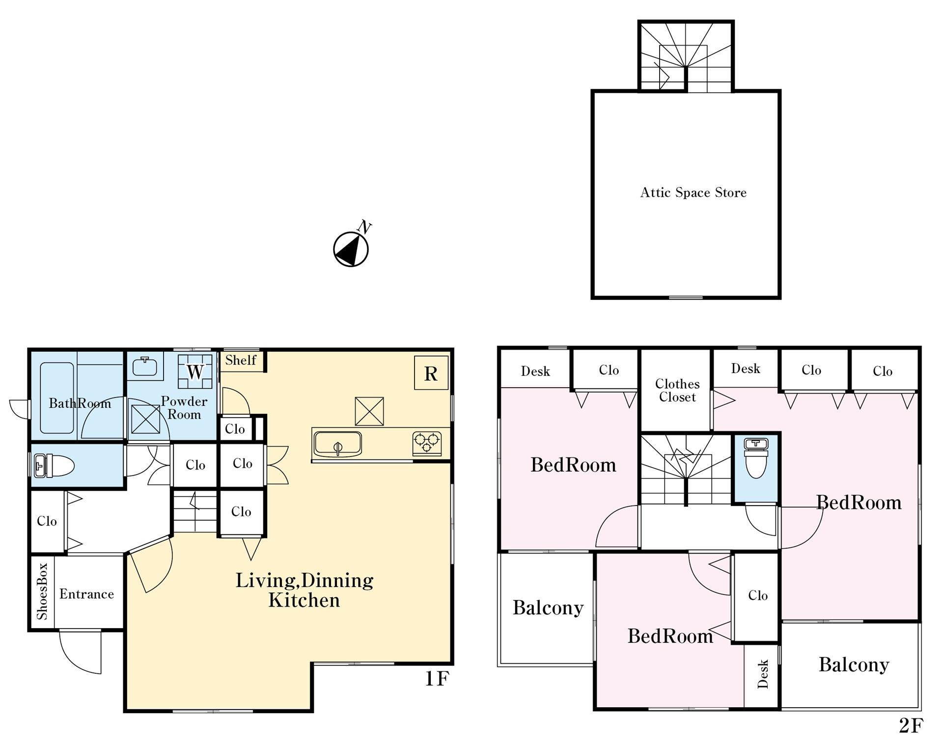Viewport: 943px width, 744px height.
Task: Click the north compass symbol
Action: (351, 249)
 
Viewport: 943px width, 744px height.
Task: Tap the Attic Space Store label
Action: (693, 192)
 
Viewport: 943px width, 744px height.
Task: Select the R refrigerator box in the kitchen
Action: (431, 373)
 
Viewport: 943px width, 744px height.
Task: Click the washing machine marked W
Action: (195, 372)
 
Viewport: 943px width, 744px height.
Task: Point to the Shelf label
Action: (241, 360)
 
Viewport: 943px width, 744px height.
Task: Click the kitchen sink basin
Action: (338, 444)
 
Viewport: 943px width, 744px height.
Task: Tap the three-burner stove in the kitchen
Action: (426, 443)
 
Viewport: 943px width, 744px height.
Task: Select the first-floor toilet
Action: (54, 465)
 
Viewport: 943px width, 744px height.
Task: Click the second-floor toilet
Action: (756, 457)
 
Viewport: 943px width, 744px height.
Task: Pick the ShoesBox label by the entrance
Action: (42, 591)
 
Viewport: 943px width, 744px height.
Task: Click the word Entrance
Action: (86, 594)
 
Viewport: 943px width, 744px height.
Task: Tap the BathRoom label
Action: (80, 403)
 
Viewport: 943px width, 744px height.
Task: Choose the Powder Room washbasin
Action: (145, 366)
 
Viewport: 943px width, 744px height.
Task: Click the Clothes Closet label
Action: (677, 391)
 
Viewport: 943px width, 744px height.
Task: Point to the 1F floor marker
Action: (437, 679)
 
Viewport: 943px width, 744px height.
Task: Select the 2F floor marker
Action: (911, 725)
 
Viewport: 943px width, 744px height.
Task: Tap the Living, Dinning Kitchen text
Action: (305, 590)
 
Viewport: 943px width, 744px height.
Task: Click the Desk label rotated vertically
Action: (763, 674)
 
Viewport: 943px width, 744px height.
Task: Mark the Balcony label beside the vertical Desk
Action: (854, 664)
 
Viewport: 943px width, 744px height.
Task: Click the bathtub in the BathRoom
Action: (57, 398)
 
